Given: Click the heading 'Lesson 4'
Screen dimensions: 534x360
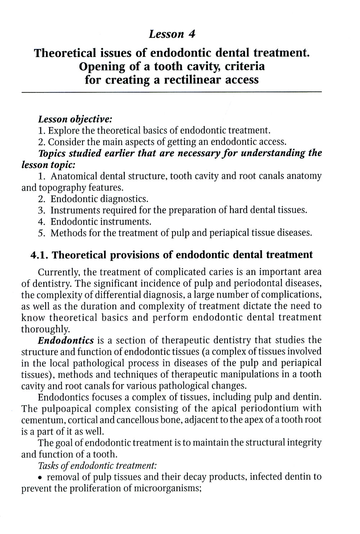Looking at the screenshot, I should point(172,34).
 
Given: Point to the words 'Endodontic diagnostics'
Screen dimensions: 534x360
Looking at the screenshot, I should point(99,199).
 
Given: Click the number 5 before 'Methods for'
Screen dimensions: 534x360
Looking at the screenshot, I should point(41,233).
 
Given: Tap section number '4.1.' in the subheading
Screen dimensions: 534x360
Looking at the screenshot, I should point(40,255).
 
